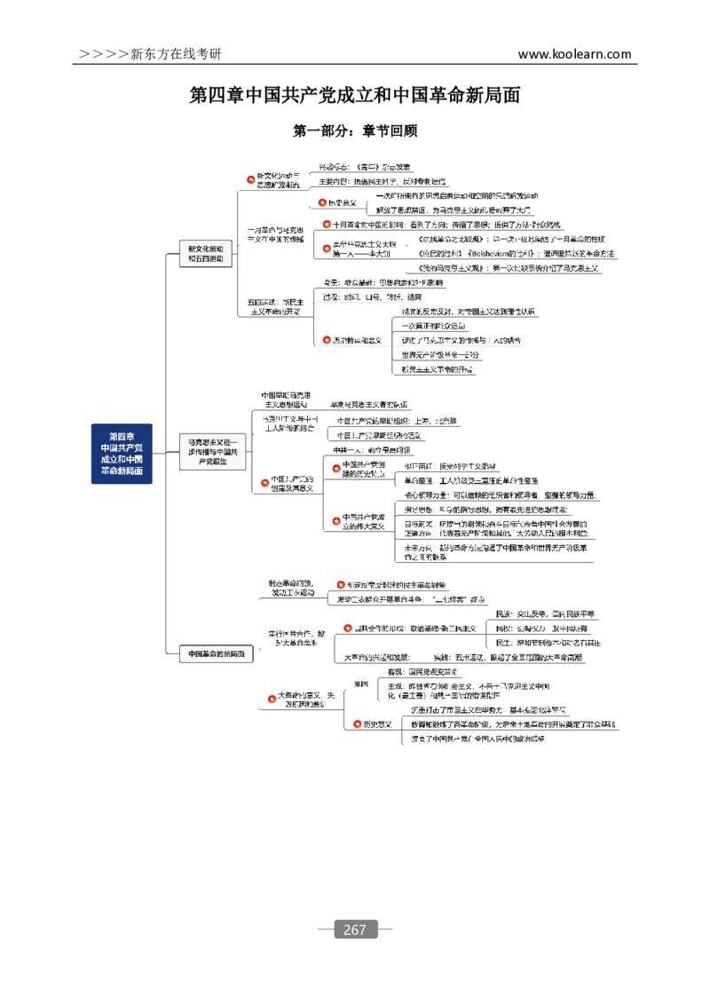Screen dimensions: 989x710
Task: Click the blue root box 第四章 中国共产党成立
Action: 122,454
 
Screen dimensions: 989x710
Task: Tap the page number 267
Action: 354,930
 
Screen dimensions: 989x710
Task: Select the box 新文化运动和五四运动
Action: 205,255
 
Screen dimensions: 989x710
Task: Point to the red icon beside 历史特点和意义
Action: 326,340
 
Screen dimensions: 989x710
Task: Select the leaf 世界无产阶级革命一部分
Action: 440,354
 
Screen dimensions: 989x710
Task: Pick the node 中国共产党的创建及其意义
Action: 292,483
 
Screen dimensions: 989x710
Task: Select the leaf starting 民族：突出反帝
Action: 545,614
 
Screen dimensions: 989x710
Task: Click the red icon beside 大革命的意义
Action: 271,700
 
